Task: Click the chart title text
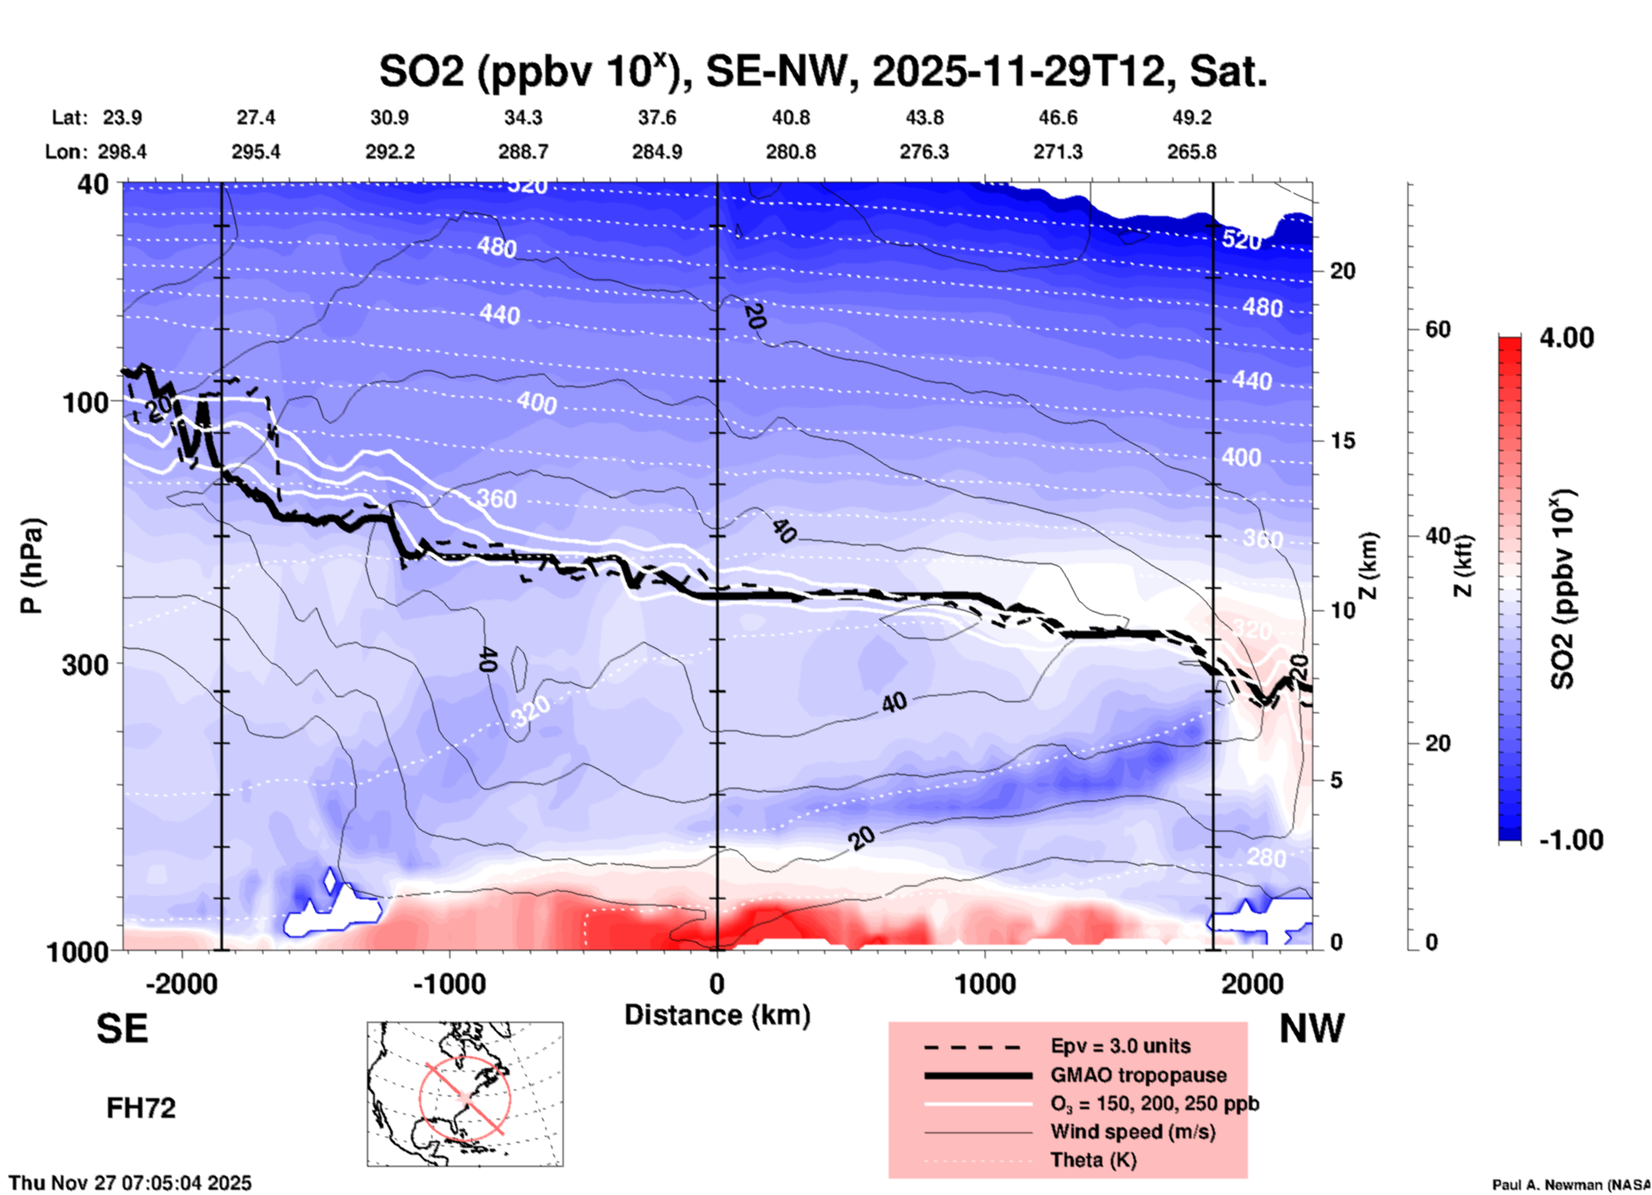(823, 72)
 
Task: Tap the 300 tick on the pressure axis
(86, 664)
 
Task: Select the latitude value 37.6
(657, 117)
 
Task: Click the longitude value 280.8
(790, 152)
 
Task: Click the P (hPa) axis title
(32, 566)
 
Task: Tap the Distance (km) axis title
(717, 1015)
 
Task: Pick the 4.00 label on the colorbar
(1566, 338)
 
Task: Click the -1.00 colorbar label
(1571, 840)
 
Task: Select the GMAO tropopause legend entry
(1138, 1075)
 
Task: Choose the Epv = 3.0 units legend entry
(1120, 1046)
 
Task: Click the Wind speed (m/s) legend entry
(1132, 1132)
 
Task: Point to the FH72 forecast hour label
(141, 1108)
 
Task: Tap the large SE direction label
(122, 1029)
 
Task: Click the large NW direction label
(1311, 1029)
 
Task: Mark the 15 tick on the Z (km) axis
(1342, 441)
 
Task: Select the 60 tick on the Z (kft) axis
(1438, 329)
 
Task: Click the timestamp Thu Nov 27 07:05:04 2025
(130, 1183)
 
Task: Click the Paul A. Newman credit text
(1571, 1185)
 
